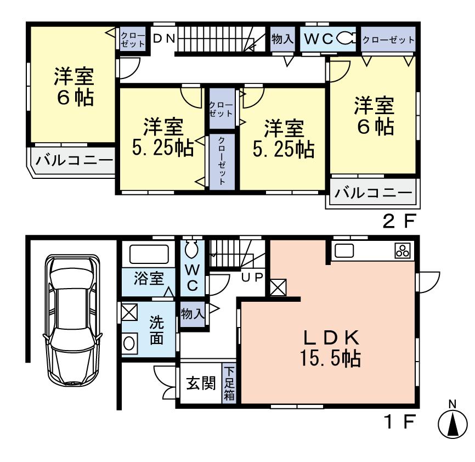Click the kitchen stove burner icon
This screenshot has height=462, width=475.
[x=402, y=251]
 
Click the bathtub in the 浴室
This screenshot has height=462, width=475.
[x=149, y=255]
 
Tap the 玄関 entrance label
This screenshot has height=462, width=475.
[x=200, y=384]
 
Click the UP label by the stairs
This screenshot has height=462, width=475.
[x=253, y=277]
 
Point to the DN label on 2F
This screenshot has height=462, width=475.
[x=164, y=38]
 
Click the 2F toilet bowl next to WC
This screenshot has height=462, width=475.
[x=346, y=38]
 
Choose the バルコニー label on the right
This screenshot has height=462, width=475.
[x=373, y=193]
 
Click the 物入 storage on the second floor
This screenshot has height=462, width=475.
[x=282, y=39]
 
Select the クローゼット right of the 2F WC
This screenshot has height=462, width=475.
[x=388, y=39]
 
